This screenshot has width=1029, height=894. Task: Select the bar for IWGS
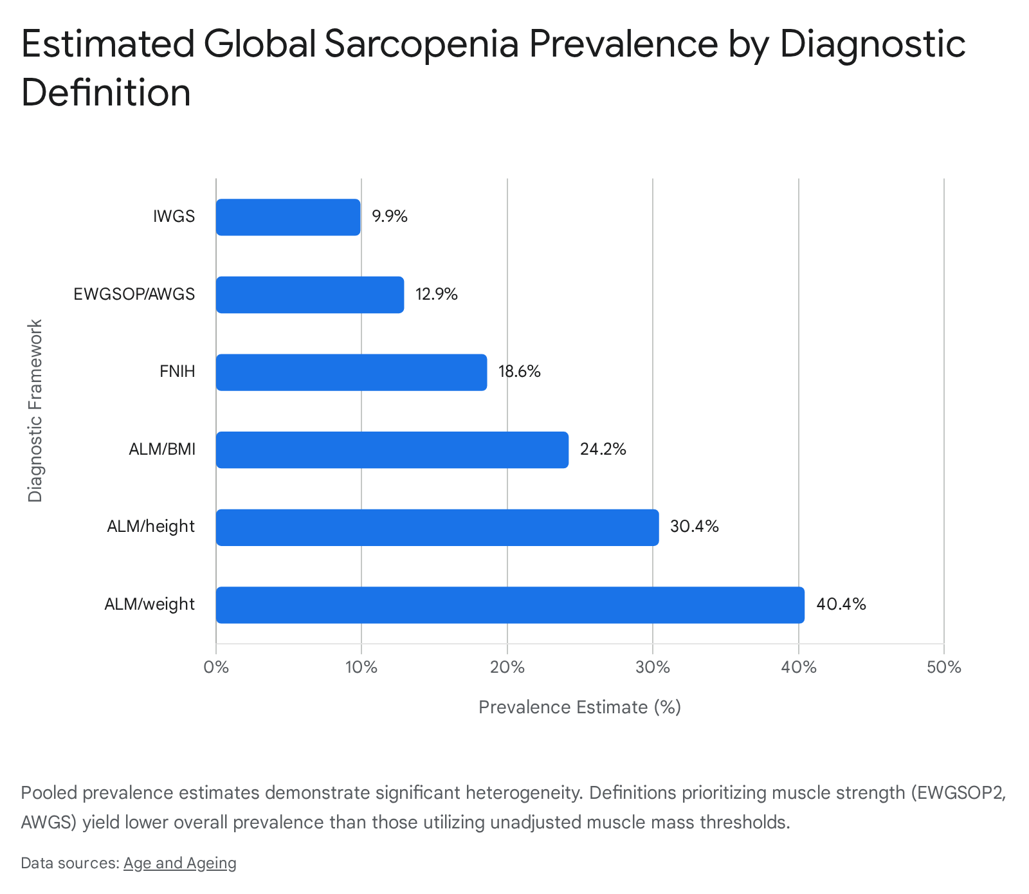click(x=288, y=217)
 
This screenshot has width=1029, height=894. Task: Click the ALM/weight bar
click(x=510, y=605)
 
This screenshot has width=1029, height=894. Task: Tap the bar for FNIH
click(x=351, y=372)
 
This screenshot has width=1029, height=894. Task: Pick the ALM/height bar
click(x=437, y=527)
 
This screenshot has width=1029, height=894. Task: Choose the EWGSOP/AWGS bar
click(x=310, y=295)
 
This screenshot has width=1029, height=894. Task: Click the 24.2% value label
click(x=603, y=449)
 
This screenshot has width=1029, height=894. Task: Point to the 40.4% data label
click(x=841, y=605)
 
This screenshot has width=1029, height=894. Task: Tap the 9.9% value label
click(x=390, y=217)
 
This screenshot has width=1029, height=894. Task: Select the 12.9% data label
click(x=437, y=295)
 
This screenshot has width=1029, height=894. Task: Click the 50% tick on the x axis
click(x=943, y=668)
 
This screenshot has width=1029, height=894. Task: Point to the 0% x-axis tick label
click(x=216, y=668)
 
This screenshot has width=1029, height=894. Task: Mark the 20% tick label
click(x=507, y=668)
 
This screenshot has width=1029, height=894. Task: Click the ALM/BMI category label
click(x=162, y=449)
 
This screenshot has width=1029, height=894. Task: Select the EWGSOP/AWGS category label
click(x=134, y=295)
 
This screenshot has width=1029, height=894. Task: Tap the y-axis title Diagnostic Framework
click(x=35, y=411)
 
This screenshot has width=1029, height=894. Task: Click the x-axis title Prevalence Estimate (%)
click(x=579, y=707)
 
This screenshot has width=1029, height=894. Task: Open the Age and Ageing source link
click(x=180, y=863)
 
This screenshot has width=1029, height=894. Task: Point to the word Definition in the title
click(x=106, y=93)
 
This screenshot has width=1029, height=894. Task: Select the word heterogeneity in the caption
click(x=524, y=792)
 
